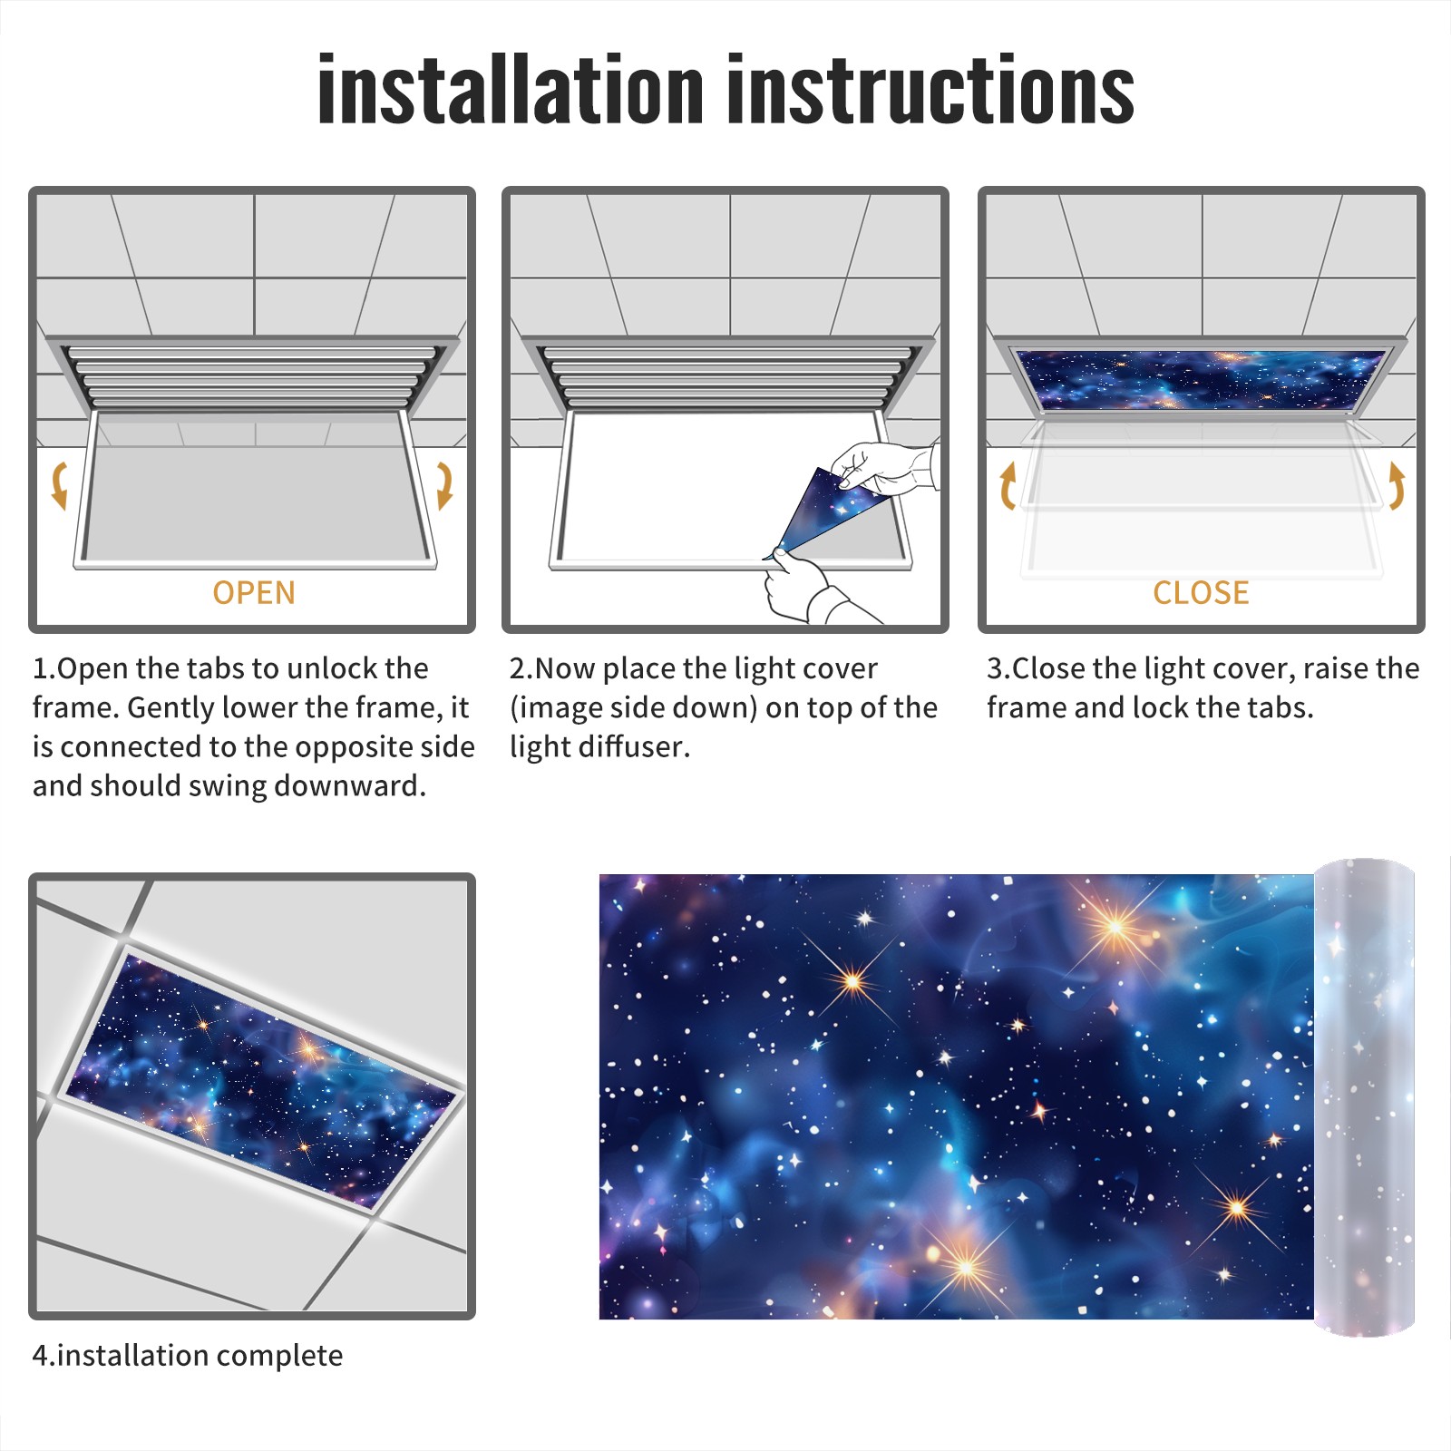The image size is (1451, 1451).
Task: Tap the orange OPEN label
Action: pyautogui.click(x=254, y=592)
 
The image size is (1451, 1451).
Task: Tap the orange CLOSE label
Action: pyautogui.click(x=1201, y=592)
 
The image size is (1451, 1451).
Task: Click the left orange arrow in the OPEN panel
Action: pyautogui.click(x=59, y=485)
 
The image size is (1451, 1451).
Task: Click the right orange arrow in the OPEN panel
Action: pyautogui.click(x=444, y=485)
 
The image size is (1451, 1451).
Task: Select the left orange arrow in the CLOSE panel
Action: pyautogui.click(x=1008, y=485)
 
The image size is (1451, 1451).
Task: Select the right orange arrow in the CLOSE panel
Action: pyautogui.click(x=1397, y=485)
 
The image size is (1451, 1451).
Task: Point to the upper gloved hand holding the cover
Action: pyautogui.click(x=884, y=468)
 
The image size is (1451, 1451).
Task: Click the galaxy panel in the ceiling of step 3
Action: pyautogui.click(x=1201, y=379)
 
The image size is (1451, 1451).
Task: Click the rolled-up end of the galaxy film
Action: pyautogui.click(x=1364, y=1097)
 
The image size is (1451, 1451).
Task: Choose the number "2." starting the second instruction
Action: pyautogui.click(x=521, y=669)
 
